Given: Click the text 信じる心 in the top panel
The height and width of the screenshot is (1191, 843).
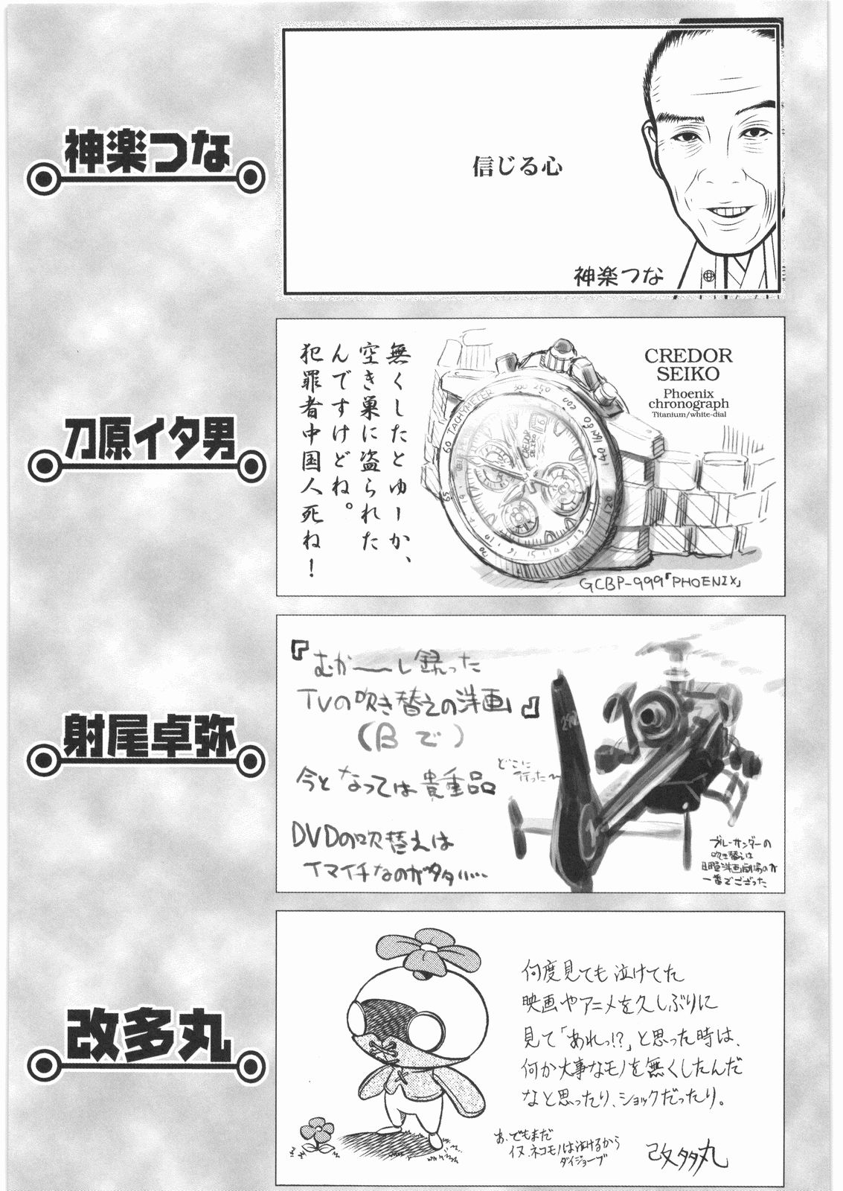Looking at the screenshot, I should [x=517, y=165].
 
